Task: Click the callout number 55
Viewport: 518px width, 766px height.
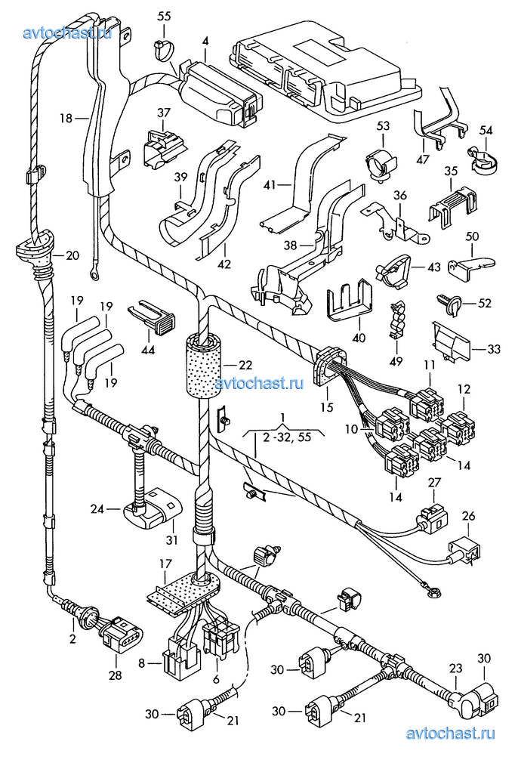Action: click(165, 16)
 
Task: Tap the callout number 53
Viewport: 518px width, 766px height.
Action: click(383, 125)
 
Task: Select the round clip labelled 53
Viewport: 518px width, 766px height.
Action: click(381, 164)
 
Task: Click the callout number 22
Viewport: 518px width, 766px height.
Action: click(244, 365)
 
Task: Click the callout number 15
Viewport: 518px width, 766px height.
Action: click(327, 407)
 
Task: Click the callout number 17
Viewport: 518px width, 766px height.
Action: click(165, 563)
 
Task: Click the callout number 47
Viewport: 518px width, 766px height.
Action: click(423, 159)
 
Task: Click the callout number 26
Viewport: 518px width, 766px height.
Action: click(469, 517)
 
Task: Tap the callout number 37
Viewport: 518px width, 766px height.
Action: click(165, 113)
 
